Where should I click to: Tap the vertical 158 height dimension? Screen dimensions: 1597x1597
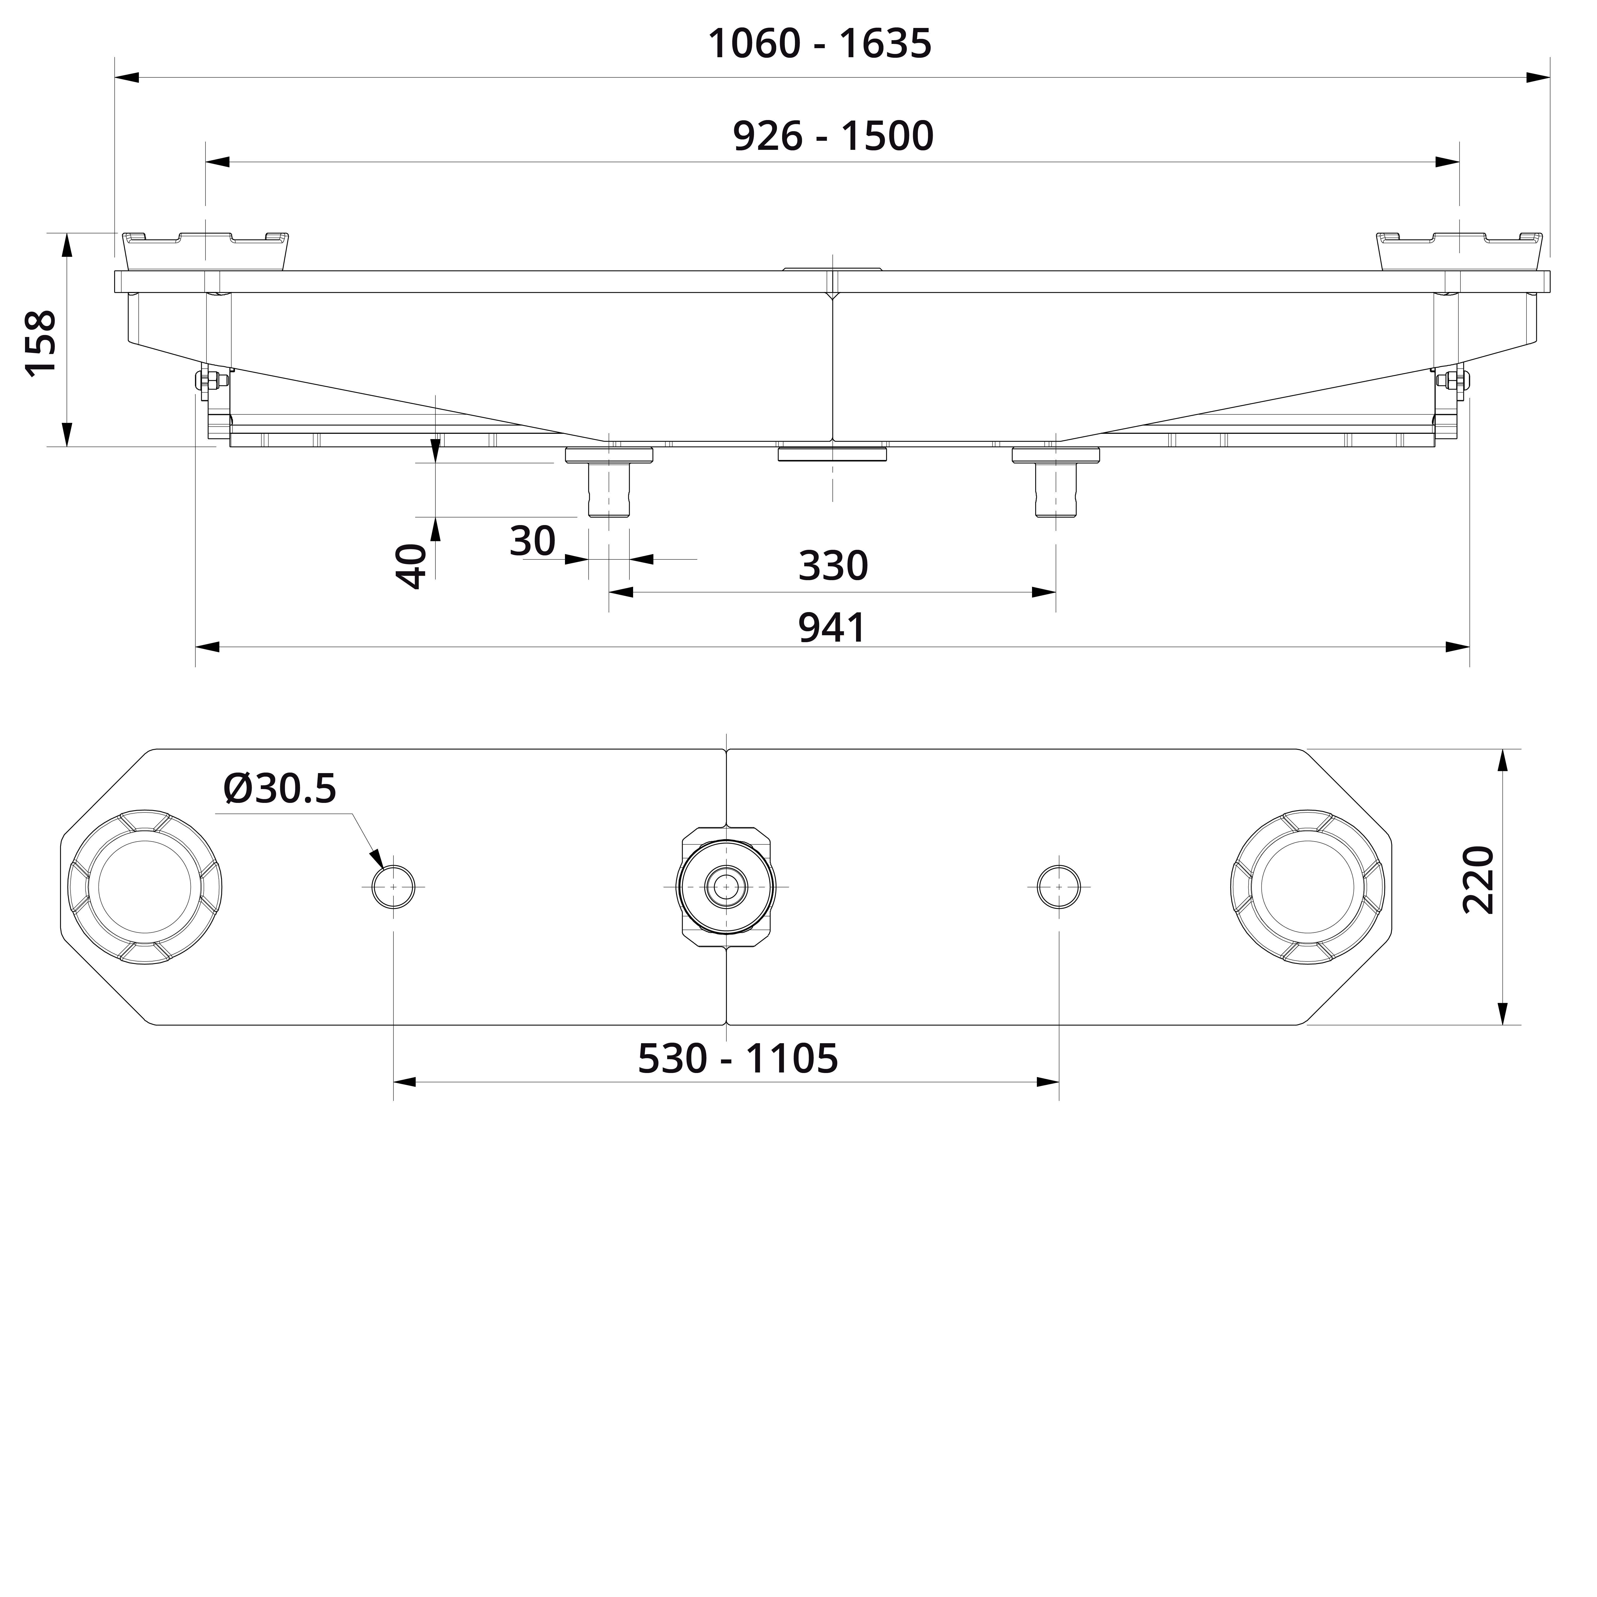coord(41,343)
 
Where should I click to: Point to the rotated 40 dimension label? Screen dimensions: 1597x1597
coord(412,566)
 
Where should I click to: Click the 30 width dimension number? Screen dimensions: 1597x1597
coord(532,542)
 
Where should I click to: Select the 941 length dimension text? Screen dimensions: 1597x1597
coord(832,628)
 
